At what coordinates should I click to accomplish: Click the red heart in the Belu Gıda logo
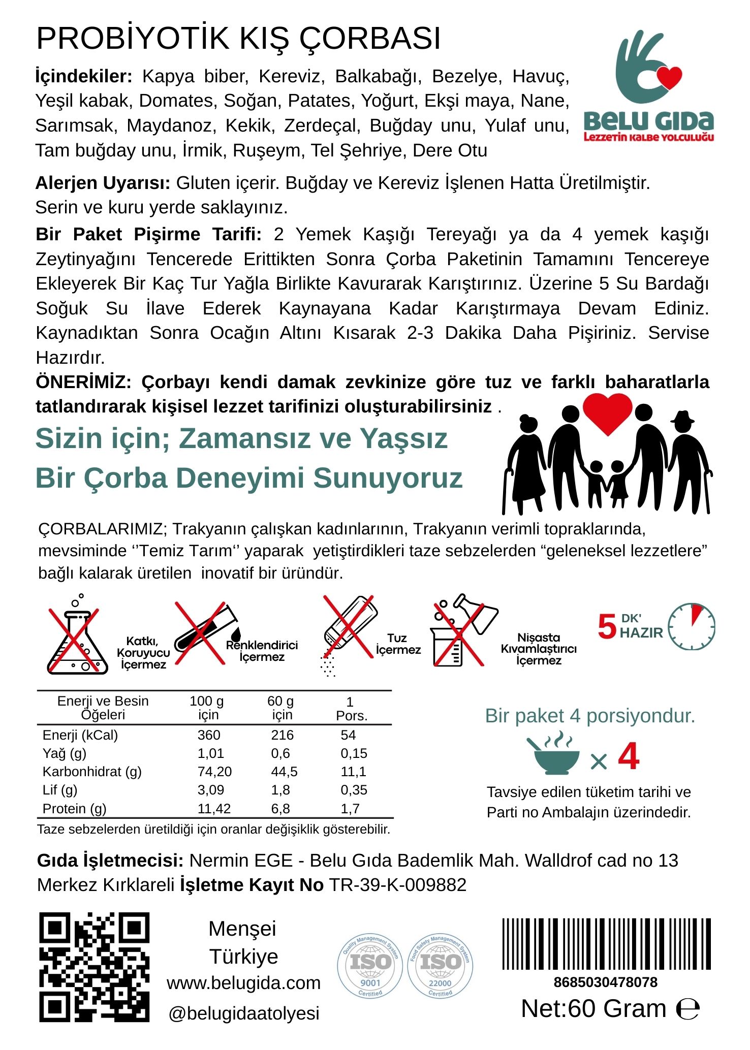pyautogui.click(x=669, y=77)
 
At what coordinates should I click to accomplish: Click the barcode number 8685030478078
pyautogui.click(x=606, y=982)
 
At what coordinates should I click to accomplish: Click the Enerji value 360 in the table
pyautogui.click(x=209, y=735)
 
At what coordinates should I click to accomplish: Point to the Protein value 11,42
pyautogui.click(x=214, y=808)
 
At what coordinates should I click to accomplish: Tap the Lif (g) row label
pyautogui.click(x=60, y=790)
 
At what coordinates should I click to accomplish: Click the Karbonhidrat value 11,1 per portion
pyautogui.click(x=353, y=772)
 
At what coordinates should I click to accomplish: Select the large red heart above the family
pyautogui.click(x=607, y=413)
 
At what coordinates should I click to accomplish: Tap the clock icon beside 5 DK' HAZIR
pyautogui.click(x=691, y=626)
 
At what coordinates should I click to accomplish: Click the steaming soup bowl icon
pyautogui.click(x=553, y=754)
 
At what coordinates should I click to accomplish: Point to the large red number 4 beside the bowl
pyautogui.click(x=629, y=756)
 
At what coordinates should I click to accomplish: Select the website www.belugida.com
pyautogui.click(x=243, y=982)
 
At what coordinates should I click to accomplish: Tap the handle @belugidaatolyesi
pyautogui.click(x=243, y=1013)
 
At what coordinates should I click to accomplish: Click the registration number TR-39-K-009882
pyautogui.click(x=398, y=885)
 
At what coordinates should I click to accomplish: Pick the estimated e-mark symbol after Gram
pyautogui.click(x=688, y=1009)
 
